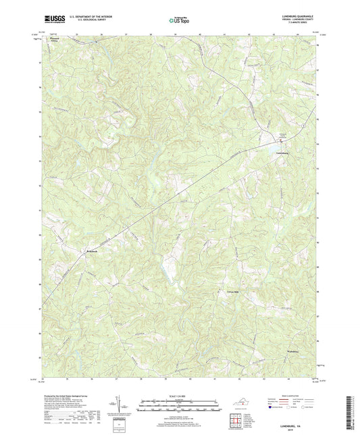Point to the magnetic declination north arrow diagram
[121, 405]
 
